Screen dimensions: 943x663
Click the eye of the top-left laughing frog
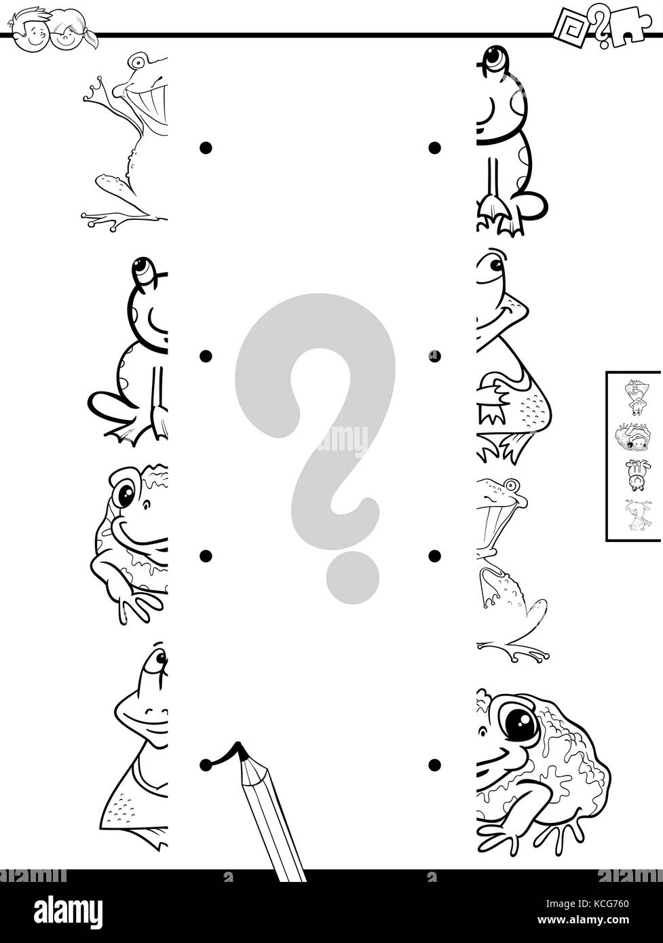(x=139, y=62)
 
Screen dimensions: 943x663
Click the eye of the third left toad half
(x=126, y=494)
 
